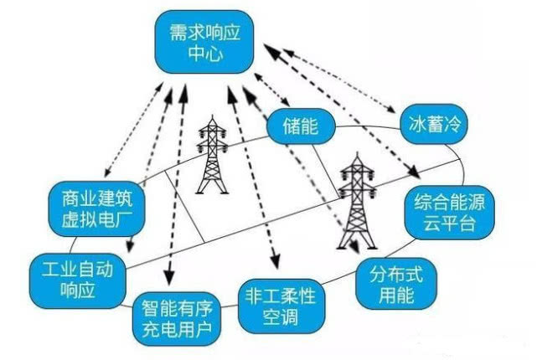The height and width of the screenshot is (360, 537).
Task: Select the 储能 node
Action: tap(301, 129)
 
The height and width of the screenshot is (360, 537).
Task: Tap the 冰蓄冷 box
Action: tap(431, 125)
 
